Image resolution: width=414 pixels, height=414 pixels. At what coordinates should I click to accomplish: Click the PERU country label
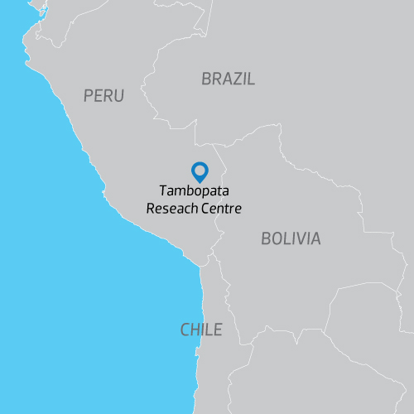point(103,96)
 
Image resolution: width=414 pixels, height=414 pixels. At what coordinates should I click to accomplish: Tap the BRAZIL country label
point(228,79)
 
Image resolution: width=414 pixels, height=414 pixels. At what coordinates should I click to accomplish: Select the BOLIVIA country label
point(290,238)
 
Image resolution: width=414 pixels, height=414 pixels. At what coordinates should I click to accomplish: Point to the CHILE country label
point(201,330)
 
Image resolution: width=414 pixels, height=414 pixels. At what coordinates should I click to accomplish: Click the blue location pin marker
point(200,171)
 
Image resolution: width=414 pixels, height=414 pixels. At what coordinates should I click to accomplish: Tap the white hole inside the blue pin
point(200,170)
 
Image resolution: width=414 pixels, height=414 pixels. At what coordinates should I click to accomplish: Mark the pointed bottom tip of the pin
point(200,181)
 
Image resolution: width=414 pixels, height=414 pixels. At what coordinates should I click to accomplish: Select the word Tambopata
point(195,192)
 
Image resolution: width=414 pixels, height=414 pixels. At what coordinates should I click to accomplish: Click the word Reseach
point(171,209)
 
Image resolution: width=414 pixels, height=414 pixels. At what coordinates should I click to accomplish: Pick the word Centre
point(221,209)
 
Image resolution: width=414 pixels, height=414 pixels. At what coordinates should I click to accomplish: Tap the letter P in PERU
point(89,96)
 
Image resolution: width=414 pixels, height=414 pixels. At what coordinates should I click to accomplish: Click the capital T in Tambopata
point(163,192)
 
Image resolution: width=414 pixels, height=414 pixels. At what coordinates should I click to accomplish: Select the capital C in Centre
point(205,209)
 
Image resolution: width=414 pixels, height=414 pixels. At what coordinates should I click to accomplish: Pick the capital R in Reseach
point(151,209)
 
